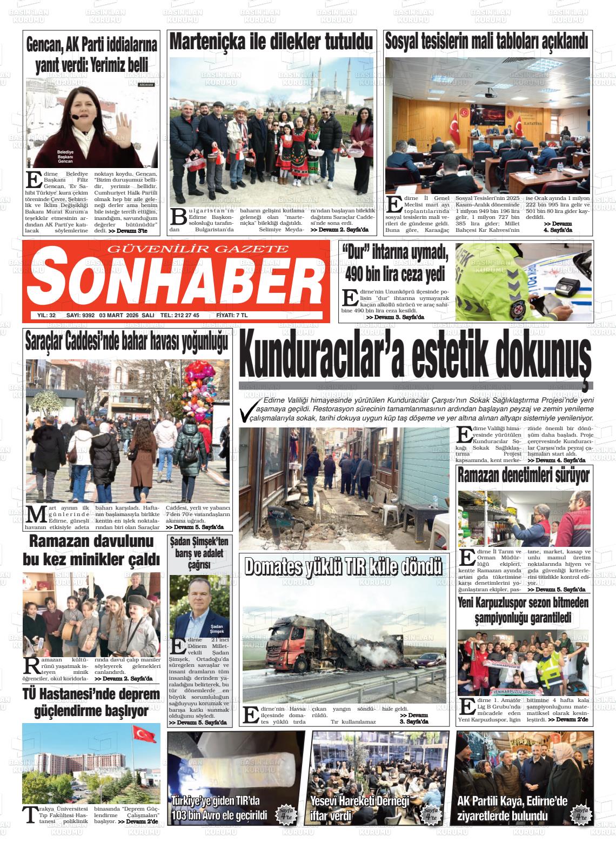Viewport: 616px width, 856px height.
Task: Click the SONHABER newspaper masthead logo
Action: (x=176, y=280)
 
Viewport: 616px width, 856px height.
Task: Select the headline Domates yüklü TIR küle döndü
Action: (x=344, y=566)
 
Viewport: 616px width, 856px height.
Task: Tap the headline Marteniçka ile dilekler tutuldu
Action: (x=272, y=42)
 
